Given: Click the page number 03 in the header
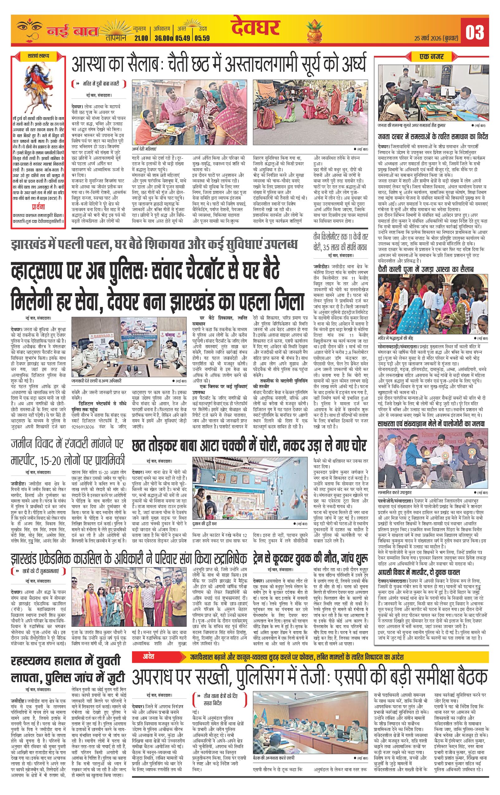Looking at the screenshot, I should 474,32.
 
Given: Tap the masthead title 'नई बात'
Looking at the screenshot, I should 72,32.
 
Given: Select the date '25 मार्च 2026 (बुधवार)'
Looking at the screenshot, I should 437,38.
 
